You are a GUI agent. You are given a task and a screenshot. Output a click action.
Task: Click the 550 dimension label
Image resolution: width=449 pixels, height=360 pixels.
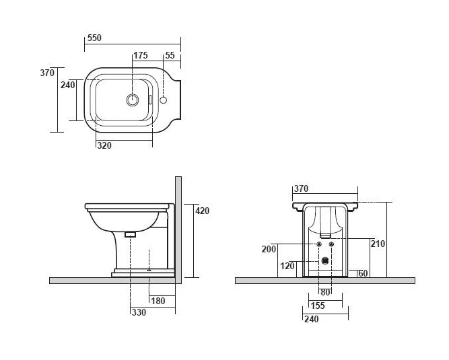tap(94, 39)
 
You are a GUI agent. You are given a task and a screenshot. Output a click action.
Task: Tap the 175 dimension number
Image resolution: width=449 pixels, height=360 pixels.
tap(140, 56)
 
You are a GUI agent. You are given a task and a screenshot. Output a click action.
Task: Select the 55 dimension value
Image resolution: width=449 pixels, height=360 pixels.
tap(170, 56)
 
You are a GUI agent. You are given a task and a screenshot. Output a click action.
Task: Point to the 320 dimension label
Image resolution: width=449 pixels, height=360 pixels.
tap(104, 145)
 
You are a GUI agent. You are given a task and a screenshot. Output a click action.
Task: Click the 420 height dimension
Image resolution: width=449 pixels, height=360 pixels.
tap(202, 211)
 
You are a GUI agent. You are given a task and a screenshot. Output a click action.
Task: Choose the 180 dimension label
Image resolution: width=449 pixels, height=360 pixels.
tap(159, 300)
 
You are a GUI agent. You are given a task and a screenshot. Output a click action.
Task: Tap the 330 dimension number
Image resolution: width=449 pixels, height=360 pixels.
tap(139, 312)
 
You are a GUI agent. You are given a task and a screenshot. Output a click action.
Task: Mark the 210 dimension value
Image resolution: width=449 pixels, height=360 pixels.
tap(378, 244)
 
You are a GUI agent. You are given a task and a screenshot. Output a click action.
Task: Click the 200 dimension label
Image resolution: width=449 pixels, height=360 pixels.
tap(269, 249)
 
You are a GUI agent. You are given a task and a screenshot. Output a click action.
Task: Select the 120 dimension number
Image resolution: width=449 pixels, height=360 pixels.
tap(287, 266)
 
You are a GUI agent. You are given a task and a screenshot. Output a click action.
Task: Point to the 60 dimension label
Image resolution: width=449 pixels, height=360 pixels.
tap(363, 273)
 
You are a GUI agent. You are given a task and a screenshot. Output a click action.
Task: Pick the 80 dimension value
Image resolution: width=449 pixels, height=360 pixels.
tap(326, 293)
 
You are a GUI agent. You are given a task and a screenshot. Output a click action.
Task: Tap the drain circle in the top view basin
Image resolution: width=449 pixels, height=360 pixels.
tap(133, 100)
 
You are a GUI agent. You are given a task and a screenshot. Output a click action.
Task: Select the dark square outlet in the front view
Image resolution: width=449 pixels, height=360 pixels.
tap(326, 260)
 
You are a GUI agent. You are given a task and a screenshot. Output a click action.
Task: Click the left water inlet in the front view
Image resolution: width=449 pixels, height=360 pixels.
tap(318, 244)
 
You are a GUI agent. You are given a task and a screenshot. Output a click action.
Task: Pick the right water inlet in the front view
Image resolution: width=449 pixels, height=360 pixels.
tap(333, 244)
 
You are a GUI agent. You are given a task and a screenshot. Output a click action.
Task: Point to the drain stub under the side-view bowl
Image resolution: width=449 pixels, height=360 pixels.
tap(131, 234)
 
